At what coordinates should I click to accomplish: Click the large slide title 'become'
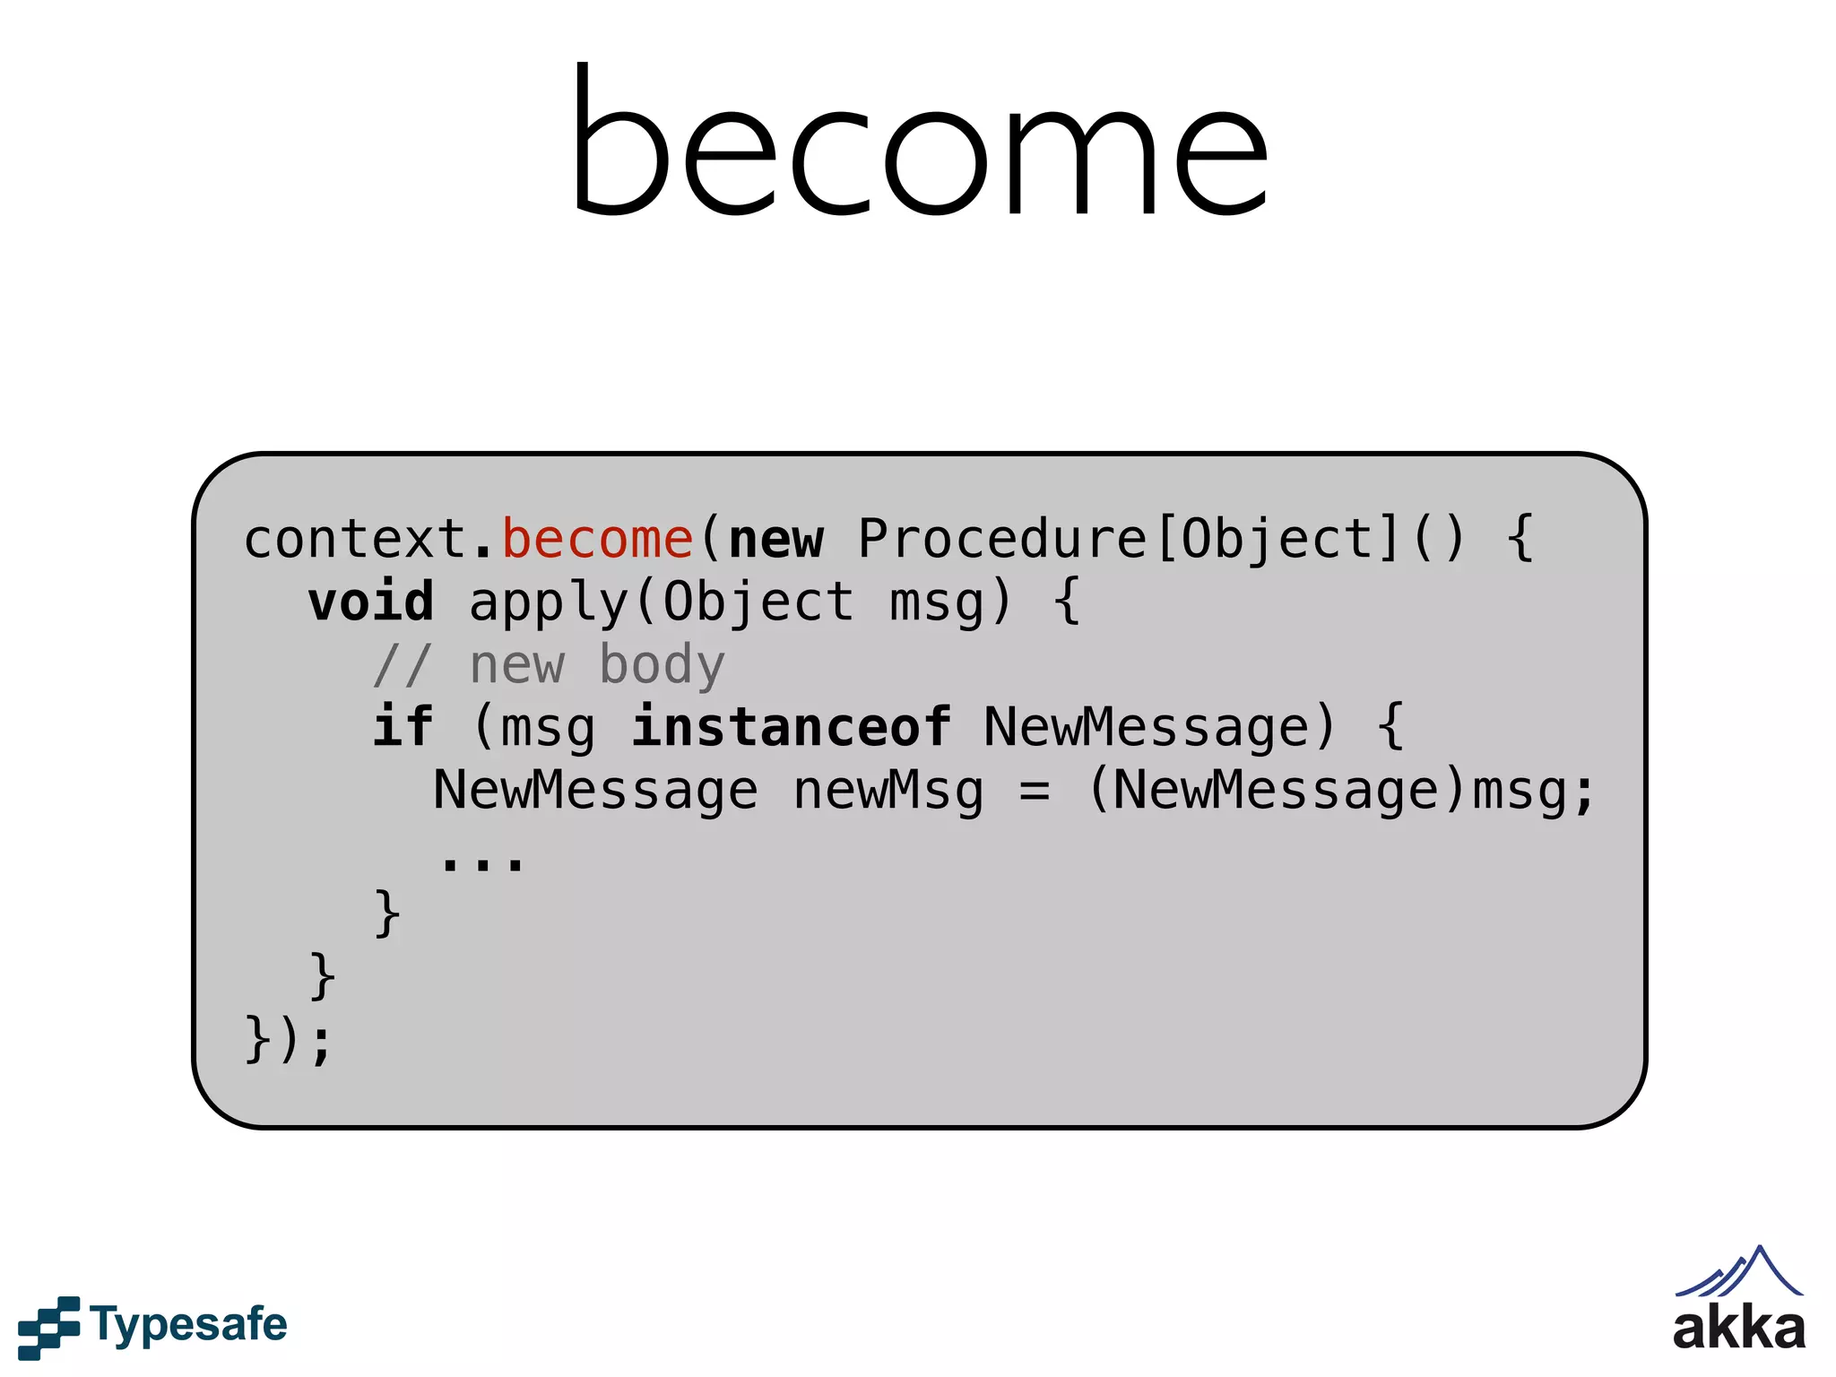[x=920, y=143]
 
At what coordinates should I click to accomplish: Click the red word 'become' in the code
[x=597, y=540]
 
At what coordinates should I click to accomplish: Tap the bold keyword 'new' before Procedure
[x=776, y=540]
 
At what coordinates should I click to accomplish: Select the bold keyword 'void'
[x=371, y=602]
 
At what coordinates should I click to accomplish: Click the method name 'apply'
[x=549, y=602]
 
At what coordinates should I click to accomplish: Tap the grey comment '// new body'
[x=549, y=665]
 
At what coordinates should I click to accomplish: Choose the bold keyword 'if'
[x=403, y=726]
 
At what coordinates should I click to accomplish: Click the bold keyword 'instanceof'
[x=791, y=726]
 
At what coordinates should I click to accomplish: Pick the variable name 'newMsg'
[x=888, y=791]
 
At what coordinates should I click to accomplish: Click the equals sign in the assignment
[x=1035, y=791]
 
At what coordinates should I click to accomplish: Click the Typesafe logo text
[x=188, y=1325]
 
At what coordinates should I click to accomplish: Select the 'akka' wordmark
[x=1738, y=1329]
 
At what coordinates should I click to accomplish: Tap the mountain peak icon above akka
[x=1739, y=1271]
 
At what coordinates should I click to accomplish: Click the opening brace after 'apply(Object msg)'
[x=1067, y=602]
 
